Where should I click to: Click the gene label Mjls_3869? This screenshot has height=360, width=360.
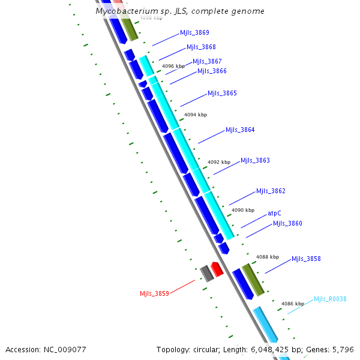194,33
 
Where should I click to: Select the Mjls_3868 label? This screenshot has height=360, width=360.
201,47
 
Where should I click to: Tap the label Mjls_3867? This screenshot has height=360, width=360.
207,62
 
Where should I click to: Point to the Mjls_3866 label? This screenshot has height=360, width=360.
212,71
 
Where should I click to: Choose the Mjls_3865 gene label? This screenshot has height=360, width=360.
222,94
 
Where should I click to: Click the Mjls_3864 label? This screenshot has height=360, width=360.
240,130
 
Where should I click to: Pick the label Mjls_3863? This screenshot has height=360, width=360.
255,161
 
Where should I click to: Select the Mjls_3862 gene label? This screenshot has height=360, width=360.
271,191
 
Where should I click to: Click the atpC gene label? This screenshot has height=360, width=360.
274,213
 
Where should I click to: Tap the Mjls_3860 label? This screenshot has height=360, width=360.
287,224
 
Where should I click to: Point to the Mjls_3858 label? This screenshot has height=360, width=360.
306,259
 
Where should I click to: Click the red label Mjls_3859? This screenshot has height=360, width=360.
154,293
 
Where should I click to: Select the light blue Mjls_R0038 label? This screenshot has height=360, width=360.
330,299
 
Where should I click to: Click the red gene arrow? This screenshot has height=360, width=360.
217,269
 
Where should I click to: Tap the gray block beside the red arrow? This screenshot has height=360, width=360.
206,273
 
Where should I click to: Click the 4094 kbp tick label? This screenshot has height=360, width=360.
195,115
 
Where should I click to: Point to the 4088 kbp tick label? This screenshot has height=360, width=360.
267,257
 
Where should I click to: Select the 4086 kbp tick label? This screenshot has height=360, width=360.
292,304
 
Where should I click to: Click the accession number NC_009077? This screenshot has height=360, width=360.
65,349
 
